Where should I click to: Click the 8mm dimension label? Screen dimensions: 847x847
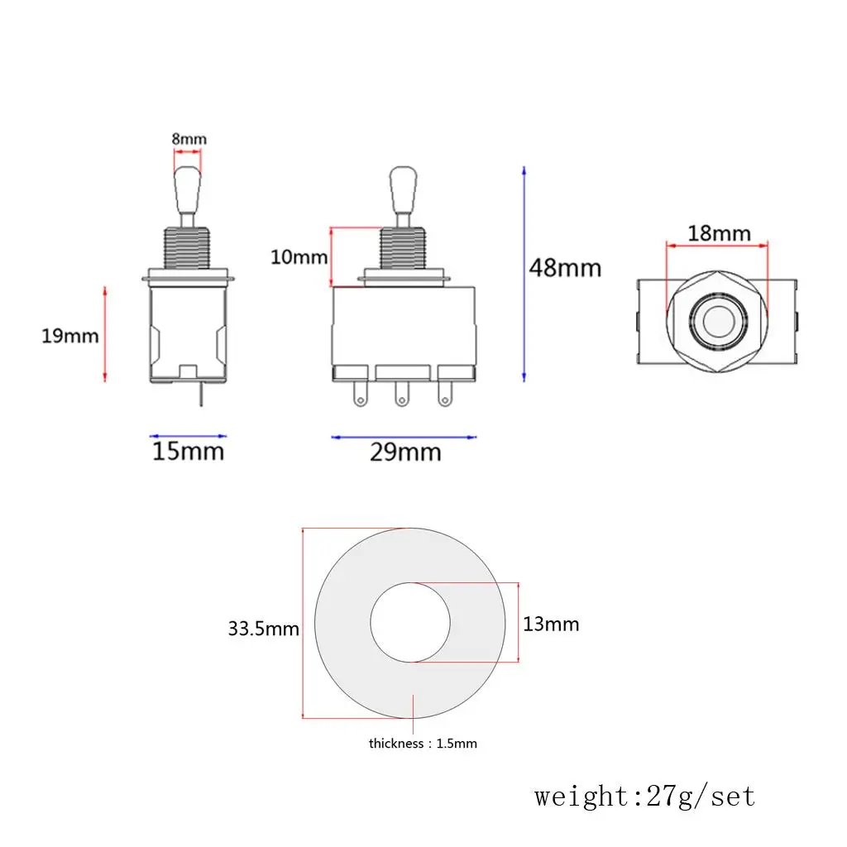[189, 139]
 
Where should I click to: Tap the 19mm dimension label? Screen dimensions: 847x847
[70, 336]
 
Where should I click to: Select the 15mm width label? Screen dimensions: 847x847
[188, 452]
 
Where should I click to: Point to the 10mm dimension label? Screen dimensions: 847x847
[299, 257]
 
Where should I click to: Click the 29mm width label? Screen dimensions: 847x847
[405, 452]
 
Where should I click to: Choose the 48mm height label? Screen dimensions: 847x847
[566, 268]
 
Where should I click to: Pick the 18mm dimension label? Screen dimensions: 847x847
[719, 232]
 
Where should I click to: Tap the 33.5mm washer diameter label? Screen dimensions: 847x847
[263, 629]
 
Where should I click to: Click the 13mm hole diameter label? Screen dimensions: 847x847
[551, 624]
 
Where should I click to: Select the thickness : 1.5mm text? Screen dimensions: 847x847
[423, 744]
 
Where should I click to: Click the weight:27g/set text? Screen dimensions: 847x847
[644, 797]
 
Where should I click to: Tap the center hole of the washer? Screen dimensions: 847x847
[410, 623]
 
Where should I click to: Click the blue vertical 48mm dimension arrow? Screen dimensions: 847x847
[524, 273]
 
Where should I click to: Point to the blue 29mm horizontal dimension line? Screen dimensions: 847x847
[404, 437]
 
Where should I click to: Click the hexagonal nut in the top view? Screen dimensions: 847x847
[716, 319]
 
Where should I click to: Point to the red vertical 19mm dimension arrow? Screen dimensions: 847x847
[105, 334]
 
